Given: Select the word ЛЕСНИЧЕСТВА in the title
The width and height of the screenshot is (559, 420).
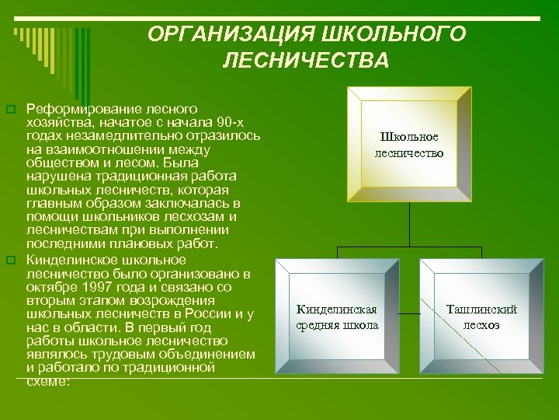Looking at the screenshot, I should tap(305, 60).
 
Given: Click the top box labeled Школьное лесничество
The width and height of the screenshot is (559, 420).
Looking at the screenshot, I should tap(408, 145).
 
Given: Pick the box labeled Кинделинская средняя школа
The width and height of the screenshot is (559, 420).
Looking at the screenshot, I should tap(337, 317).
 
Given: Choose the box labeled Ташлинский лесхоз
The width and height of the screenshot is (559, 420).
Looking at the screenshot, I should tap(481, 317).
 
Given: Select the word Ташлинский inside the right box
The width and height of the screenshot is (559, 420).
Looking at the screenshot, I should tap(481, 310).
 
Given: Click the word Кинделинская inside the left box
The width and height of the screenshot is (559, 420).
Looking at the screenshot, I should tap(337, 310).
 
